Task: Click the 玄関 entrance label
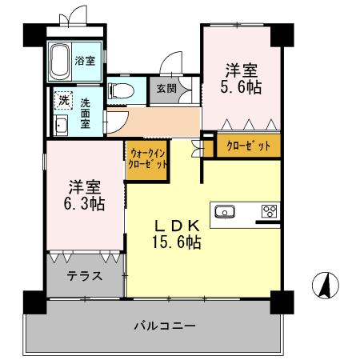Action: pos(166,88)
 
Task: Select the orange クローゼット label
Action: pos(247,147)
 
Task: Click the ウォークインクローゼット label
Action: pos(146,157)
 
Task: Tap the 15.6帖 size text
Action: pos(177,242)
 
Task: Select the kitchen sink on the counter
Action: pos(225,212)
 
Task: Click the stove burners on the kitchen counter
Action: pos(270,212)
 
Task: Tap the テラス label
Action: pos(84,278)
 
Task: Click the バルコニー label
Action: pos(164,326)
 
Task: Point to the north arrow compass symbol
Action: pos(325,285)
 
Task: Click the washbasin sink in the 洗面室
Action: pos(60,126)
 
